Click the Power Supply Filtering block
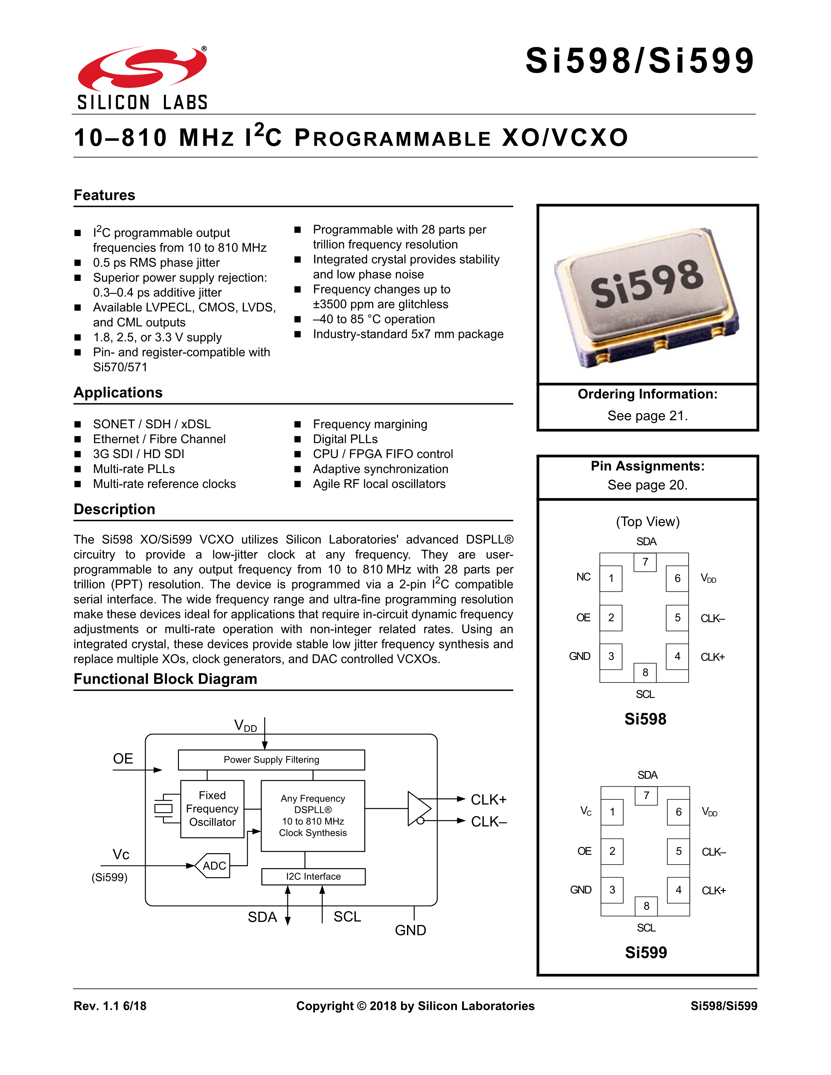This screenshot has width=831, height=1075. click(271, 759)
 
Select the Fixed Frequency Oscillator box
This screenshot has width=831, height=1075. click(212, 809)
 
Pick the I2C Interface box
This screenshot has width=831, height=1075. click(313, 876)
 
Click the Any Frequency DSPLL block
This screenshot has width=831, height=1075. click(313, 815)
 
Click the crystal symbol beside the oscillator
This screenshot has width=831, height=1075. click(164, 808)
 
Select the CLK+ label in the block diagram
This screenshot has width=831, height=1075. click(488, 800)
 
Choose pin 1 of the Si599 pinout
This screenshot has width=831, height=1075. click(612, 812)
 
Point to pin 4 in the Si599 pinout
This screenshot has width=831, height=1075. click(678, 889)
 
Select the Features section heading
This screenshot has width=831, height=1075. click(104, 195)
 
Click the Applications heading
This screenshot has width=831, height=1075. click(118, 392)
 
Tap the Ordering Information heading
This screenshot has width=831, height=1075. click(648, 394)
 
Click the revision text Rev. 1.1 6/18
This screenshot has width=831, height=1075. click(110, 1006)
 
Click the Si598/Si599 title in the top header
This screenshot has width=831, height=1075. click(639, 61)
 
